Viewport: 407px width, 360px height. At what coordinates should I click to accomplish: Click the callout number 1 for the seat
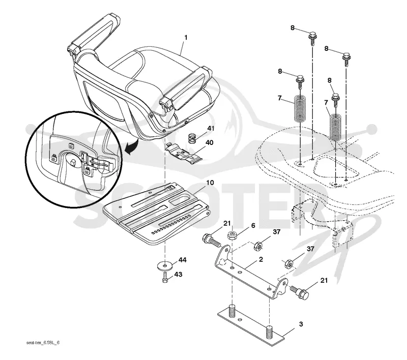(x=186, y=38)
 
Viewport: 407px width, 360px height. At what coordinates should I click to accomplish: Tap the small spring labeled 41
(x=192, y=139)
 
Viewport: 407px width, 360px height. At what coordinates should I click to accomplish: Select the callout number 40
(x=209, y=143)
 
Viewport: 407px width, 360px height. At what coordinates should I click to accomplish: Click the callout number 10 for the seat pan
(x=210, y=183)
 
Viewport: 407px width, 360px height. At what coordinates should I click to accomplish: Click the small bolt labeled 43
(x=164, y=278)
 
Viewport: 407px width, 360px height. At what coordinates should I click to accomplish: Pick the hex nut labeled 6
(x=232, y=235)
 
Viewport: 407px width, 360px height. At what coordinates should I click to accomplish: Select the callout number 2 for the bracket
(x=261, y=259)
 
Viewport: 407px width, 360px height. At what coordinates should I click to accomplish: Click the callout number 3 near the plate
(x=301, y=324)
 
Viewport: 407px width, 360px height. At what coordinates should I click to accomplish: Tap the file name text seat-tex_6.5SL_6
(x=43, y=343)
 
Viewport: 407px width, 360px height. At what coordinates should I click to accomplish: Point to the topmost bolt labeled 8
(x=312, y=38)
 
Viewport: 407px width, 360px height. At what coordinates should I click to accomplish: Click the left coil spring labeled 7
(x=300, y=108)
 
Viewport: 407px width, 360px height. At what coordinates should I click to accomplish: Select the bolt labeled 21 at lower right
(x=299, y=291)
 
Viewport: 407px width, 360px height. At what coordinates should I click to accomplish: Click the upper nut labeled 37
(x=258, y=245)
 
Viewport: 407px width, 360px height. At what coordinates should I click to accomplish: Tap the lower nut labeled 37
(x=289, y=264)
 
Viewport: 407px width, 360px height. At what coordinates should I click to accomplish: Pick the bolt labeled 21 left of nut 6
(x=212, y=240)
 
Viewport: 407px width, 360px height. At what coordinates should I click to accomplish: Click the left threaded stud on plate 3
(x=232, y=311)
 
